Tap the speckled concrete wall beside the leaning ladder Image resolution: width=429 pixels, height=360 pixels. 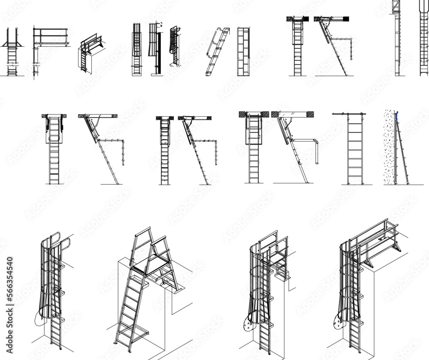[389, 150]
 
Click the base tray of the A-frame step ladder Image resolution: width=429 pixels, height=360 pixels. [131, 332]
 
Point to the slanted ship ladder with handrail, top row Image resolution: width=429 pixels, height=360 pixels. [216, 51]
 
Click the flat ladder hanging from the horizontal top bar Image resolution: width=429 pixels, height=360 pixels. [354, 148]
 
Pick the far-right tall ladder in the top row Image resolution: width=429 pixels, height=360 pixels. [424, 39]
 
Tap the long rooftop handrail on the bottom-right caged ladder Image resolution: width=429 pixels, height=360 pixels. [373, 231]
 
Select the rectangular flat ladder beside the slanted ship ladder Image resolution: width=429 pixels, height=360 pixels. [243, 51]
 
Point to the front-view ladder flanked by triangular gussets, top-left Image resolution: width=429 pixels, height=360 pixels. [12, 51]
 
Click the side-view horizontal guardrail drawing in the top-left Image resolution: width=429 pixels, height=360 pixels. [51, 39]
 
